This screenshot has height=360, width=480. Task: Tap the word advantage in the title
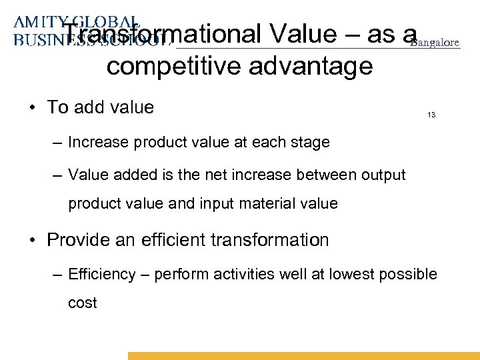point(315,67)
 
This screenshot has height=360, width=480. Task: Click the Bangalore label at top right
point(434,43)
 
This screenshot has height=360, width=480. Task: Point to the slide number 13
point(431,115)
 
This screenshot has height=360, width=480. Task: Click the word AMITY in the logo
point(37,22)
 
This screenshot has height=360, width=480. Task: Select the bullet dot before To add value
point(33,108)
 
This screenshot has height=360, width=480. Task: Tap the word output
point(381,175)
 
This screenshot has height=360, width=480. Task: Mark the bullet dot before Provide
point(33,240)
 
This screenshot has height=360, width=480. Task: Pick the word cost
point(83,303)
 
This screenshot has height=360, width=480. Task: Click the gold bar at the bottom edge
point(303,356)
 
